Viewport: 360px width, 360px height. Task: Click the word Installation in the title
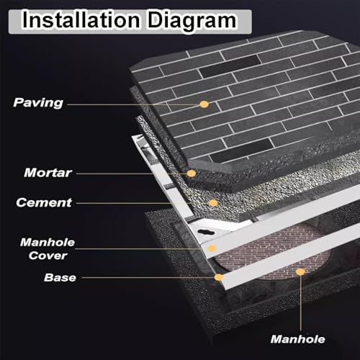81,19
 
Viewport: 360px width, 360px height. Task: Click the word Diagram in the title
192,21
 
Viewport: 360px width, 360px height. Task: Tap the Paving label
38,103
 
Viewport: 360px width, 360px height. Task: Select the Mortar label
48,173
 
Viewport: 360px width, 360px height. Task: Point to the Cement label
44,202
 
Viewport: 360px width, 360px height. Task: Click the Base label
60,277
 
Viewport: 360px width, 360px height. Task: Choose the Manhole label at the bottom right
298,339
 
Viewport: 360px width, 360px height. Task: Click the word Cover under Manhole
48,256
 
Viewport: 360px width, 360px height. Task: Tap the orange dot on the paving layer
204,104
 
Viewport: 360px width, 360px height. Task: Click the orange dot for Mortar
192,174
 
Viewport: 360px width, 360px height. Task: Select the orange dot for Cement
213,203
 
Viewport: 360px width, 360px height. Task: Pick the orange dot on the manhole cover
212,248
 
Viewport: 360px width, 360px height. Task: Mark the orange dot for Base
219,277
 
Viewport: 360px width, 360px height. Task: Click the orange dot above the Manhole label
300,272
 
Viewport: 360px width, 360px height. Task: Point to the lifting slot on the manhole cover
206,232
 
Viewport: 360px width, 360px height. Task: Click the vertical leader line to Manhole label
300,303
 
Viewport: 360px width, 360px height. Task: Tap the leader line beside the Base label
148,278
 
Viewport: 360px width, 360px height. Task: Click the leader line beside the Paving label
133,104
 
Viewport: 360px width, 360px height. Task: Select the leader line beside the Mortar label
132,174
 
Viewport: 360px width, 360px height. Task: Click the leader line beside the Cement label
143,203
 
